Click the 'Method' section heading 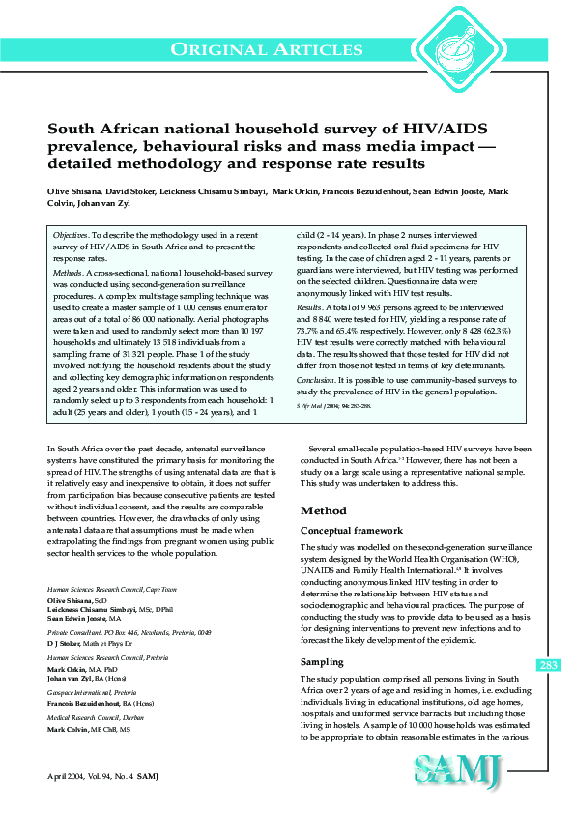click(323, 510)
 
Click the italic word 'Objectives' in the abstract click(71, 236)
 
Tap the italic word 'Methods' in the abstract click(69, 274)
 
